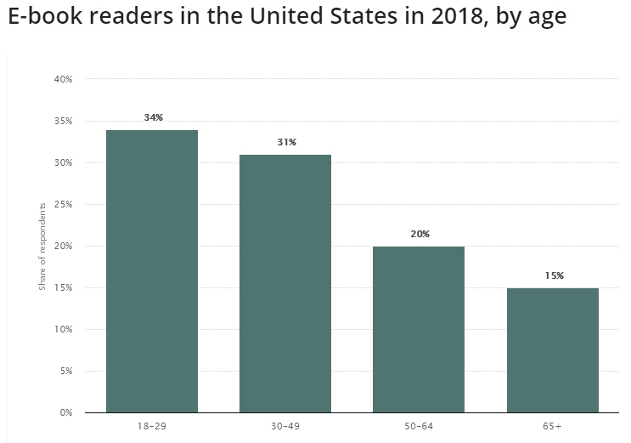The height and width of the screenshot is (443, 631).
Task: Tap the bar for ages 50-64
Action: (419, 329)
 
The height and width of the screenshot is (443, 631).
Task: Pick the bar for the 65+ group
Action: (552, 349)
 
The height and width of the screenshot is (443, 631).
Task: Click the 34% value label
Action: (153, 117)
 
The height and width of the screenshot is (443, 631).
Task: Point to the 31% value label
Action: (286, 142)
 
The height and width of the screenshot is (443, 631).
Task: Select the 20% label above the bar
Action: (420, 234)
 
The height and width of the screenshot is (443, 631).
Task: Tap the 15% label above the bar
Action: (553, 275)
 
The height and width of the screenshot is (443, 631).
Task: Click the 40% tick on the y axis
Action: (64, 79)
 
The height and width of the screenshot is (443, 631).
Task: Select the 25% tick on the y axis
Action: (64, 204)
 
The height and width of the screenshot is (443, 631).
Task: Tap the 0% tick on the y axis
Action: (66, 412)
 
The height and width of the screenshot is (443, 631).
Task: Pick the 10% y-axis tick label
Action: (64, 329)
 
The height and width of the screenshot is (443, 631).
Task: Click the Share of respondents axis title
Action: (42, 247)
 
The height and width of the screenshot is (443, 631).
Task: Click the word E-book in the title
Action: (43, 17)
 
